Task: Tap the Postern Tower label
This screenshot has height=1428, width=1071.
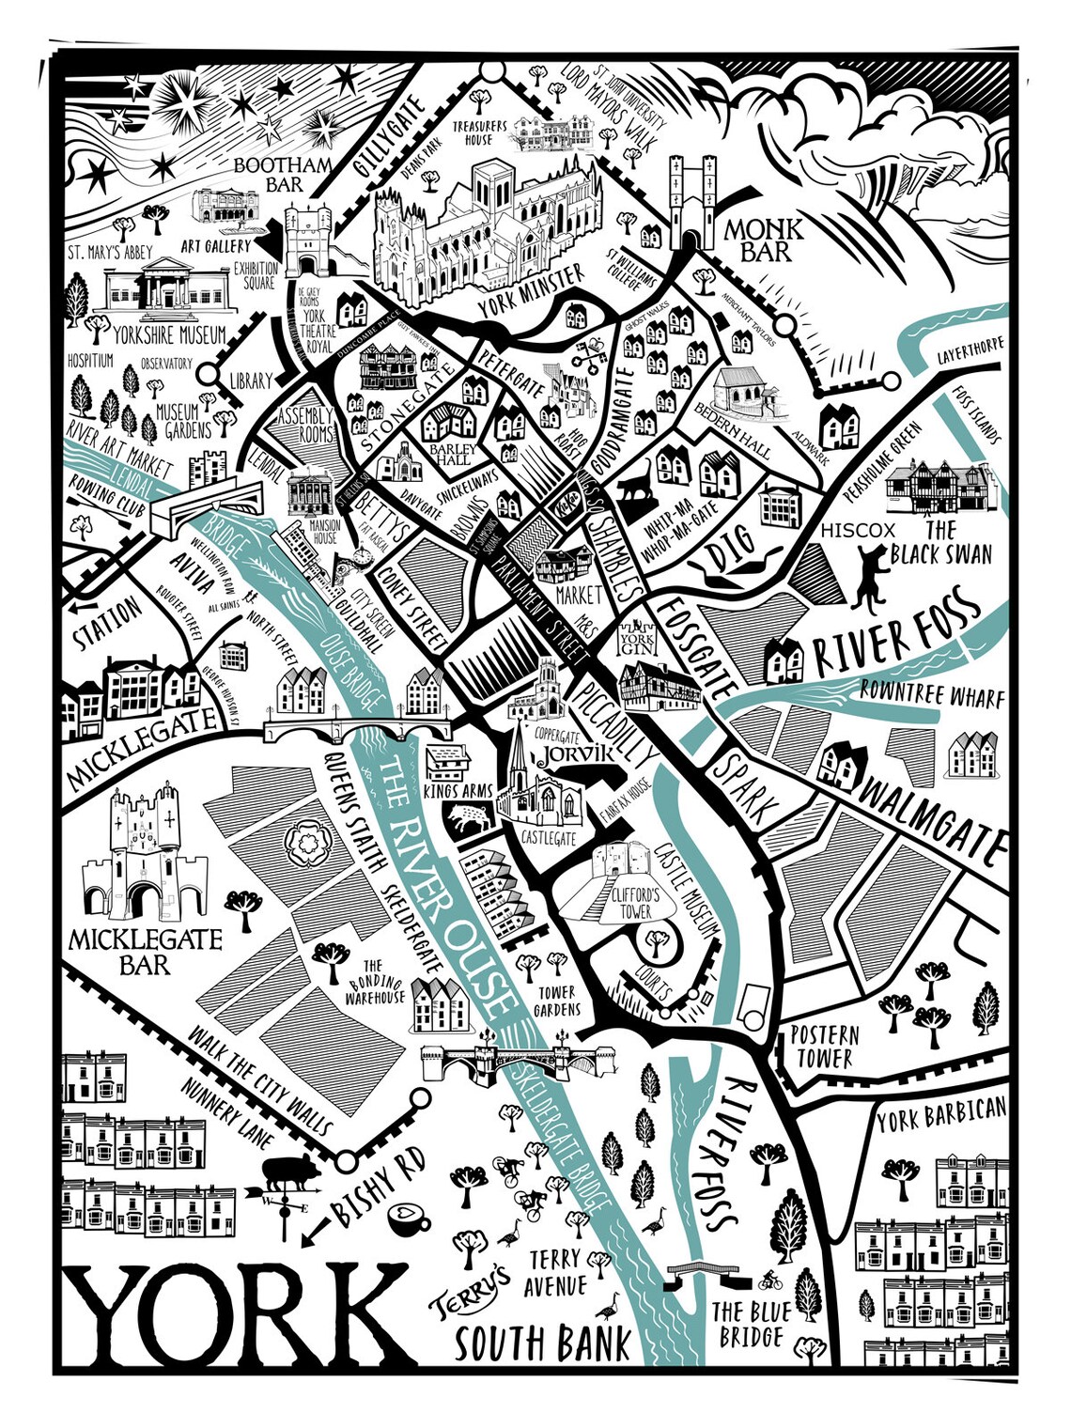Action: [824, 1047]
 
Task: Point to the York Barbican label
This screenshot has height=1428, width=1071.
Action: [940, 1116]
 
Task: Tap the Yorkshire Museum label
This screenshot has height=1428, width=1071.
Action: [169, 335]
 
